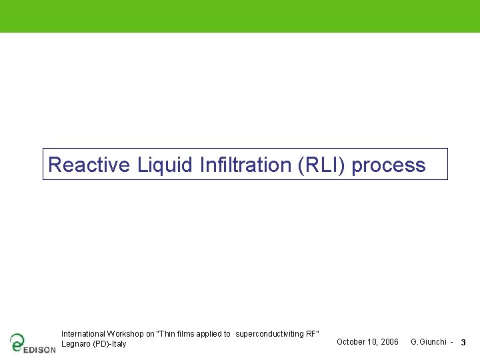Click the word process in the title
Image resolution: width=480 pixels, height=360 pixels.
[389, 165]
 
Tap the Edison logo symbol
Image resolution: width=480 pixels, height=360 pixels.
[17, 341]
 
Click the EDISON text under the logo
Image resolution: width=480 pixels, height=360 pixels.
[39, 349]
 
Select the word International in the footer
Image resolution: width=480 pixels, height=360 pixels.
[83, 333]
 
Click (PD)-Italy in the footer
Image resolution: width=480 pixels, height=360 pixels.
[109, 344]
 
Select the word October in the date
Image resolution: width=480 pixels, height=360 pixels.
[350, 342]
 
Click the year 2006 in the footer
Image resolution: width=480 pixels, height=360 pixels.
[389, 342]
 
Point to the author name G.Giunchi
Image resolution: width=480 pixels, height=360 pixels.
[429, 342]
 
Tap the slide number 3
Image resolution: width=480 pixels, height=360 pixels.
[463, 343]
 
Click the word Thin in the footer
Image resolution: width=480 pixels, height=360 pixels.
[167, 333]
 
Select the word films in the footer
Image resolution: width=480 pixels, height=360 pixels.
[186, 333]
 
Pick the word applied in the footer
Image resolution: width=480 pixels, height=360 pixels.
[209, 333]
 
